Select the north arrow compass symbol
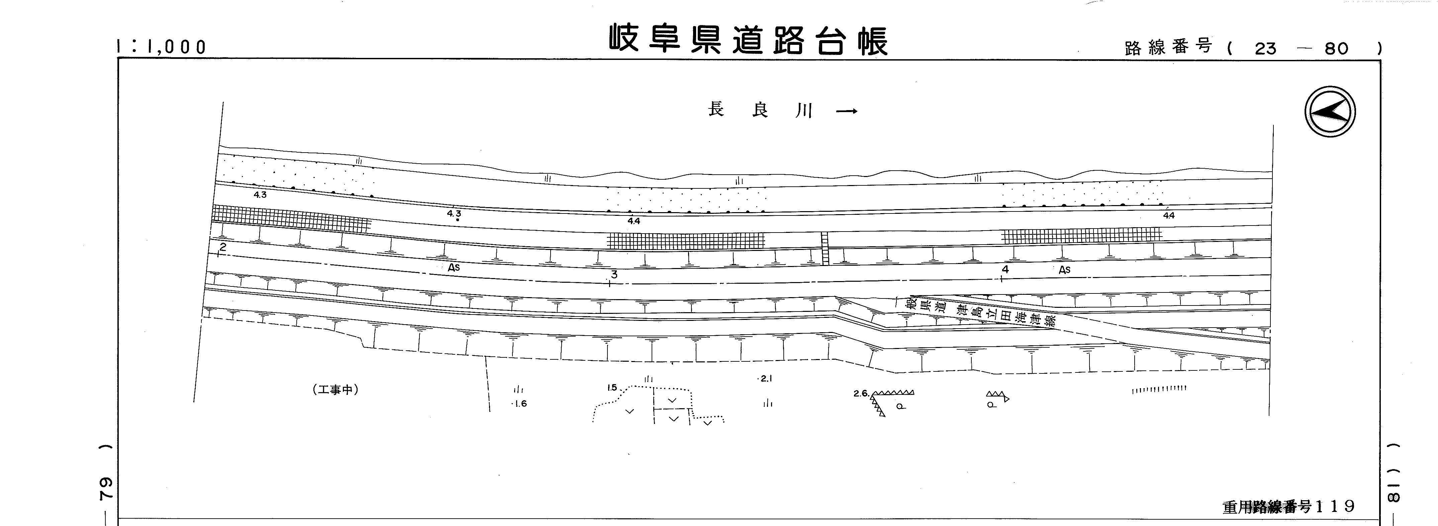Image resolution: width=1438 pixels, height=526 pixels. [x=1330, y=112]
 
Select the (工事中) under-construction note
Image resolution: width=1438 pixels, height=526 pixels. [x=335, y=390]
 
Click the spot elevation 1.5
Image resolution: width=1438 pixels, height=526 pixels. [x=612, y=387]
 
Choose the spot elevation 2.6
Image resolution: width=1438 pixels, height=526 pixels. [x=861, y=393]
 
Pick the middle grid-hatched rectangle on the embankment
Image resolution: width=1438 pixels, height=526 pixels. [x=686, y=241]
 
